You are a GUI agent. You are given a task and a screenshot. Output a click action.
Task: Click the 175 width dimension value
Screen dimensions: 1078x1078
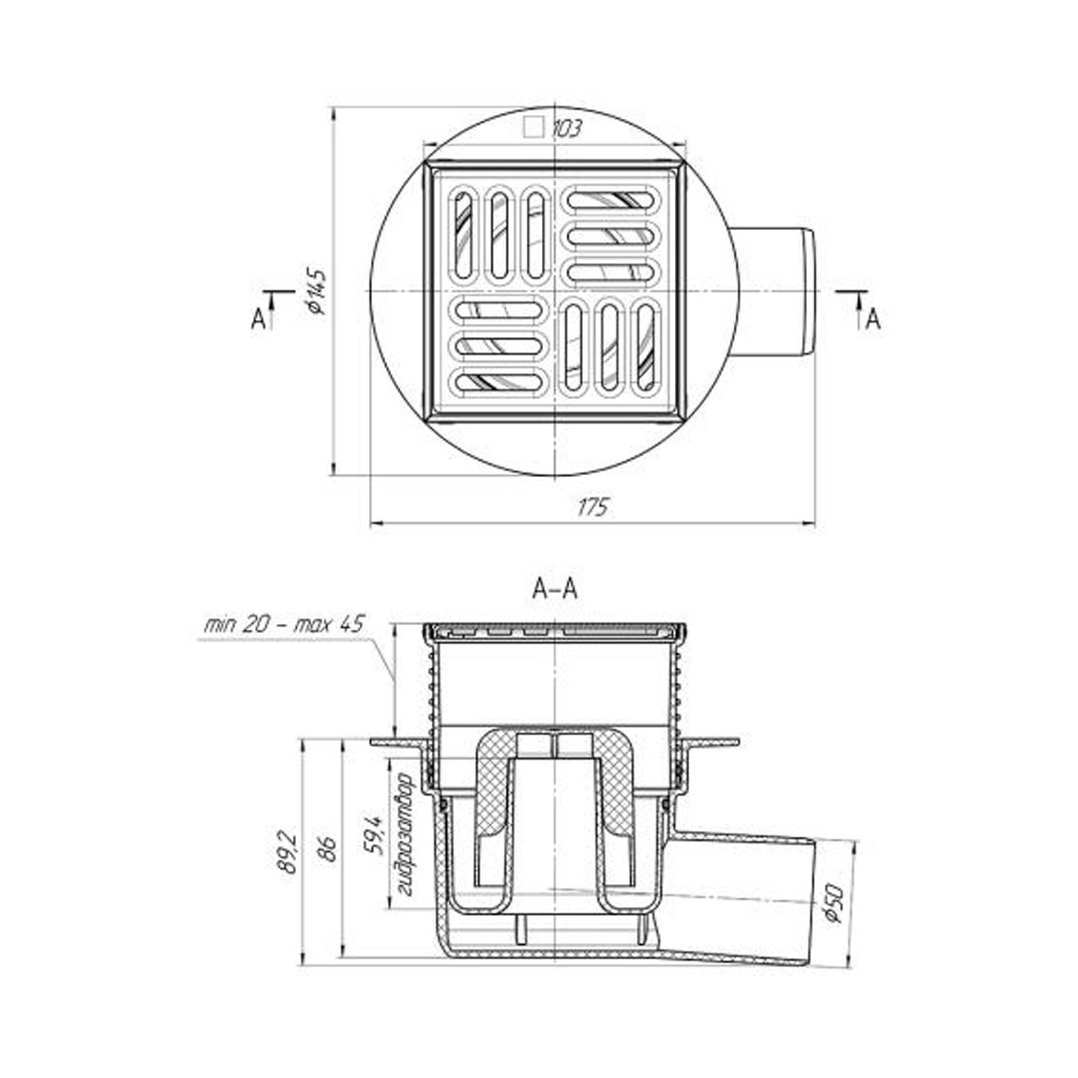pos(594,507)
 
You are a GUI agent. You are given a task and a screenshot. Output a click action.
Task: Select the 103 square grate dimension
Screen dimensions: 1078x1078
pos(566,129)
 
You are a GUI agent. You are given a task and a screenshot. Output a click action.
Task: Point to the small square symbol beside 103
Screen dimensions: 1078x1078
pos(533,128)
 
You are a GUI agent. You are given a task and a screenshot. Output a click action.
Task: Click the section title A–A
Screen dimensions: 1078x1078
pos(554,589)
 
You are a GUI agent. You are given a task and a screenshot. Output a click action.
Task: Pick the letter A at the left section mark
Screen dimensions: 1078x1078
pos(258,318)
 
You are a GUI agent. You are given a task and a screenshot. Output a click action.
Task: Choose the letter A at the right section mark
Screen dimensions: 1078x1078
pos(872,319)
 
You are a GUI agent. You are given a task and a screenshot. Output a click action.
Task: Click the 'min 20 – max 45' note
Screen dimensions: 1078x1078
pos(285,624)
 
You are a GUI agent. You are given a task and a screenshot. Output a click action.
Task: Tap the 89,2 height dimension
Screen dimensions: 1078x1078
pos(287,853)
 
